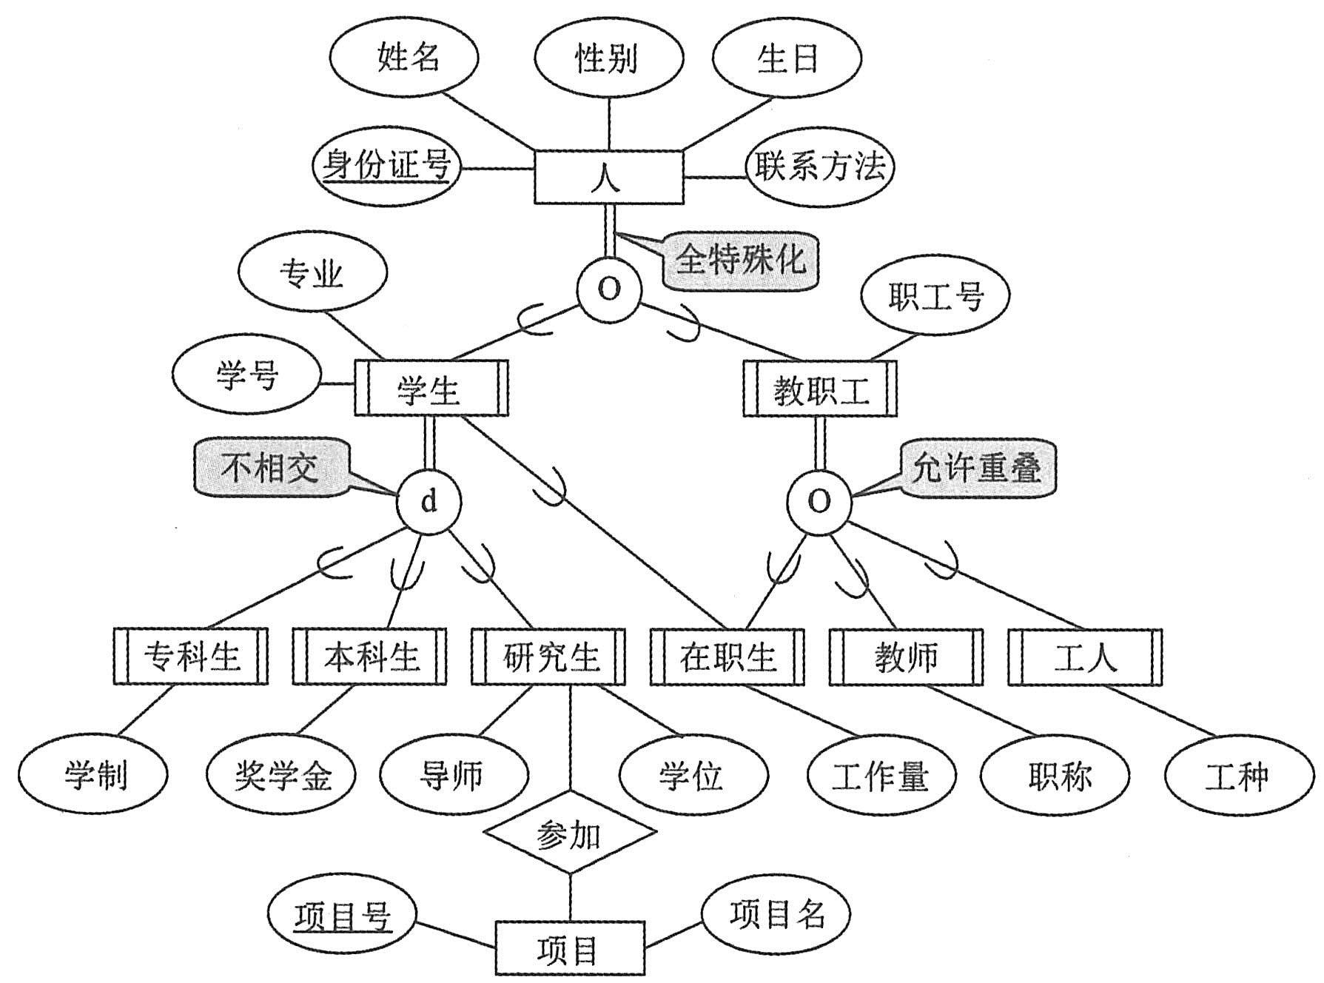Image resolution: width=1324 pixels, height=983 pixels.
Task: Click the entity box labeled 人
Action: coord(608,177)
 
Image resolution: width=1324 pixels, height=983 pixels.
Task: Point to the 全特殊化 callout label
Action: coord(740,259)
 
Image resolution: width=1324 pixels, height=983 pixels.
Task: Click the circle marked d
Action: coord(429,502)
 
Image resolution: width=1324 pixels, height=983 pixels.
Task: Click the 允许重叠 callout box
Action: coord(977,468)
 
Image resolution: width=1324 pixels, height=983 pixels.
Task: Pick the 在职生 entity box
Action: coord(727,657)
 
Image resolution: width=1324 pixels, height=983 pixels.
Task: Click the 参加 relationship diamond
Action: coord(569,836)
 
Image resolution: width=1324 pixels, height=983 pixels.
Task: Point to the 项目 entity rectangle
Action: coord(569,948)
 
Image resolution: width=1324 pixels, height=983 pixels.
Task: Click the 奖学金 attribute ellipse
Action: coord(282,775)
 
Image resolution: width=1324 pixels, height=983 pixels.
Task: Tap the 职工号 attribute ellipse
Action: coord(935,298)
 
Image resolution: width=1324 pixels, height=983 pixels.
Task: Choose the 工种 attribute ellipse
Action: coord(1237,775)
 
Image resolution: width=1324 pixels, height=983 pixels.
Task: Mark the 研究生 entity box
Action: coord(548,657)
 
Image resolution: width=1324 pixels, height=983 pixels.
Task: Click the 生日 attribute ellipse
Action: coord(787,58)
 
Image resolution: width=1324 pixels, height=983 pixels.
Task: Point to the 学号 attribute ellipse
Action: coord(247,375)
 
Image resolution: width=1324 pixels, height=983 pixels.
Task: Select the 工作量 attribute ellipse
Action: coord(879,775)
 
